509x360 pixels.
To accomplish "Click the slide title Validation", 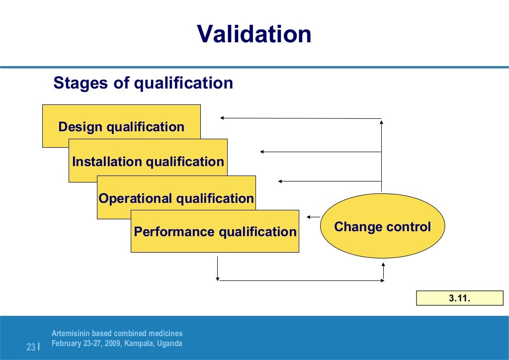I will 254,34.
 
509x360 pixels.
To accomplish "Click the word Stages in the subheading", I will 82,83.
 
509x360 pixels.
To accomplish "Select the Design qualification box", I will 121,126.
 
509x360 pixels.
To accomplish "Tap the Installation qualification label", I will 148,162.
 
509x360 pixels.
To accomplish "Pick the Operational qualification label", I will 176,198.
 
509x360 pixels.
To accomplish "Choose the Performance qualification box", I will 215,232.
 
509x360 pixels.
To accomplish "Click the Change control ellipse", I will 382,227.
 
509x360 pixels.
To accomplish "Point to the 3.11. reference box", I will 459,298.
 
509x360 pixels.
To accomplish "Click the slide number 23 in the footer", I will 30,347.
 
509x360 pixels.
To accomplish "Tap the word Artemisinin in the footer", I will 69,334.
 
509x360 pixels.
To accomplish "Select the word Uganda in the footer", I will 170,344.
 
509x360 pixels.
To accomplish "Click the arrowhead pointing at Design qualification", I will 223,118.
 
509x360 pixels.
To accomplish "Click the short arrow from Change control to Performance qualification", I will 313,217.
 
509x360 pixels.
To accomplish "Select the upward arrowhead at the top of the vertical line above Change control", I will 381,121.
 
